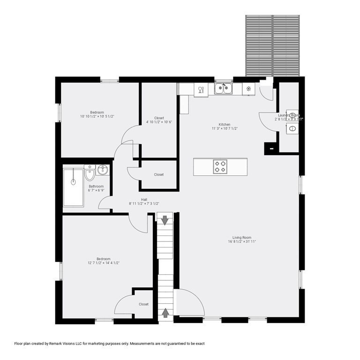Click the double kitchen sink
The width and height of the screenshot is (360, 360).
click(x=224, y=88)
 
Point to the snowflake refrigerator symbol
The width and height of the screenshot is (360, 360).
click(x=248, y=89)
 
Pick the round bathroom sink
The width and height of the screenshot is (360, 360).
click(x=103, y=170)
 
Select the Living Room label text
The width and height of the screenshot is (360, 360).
click(x=241, y=238)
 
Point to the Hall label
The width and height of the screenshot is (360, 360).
click(x=144, y=199)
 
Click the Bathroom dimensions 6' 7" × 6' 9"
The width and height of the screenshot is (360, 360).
click(x=96, y=190)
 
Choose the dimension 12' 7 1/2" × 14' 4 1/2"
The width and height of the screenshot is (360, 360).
click(x=103, y=263)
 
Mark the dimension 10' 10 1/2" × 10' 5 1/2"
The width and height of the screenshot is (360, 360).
click(x=97, y=116)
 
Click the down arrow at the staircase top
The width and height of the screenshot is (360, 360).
click(x=165, y=219)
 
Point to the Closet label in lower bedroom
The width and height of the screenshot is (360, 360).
click(x=143, y=304)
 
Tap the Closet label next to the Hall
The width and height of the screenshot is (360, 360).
click(x=159, y=175)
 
